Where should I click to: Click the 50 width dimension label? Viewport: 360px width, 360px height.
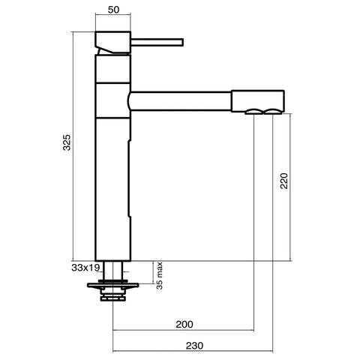(113, 10)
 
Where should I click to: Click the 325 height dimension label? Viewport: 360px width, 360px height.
(67, 142)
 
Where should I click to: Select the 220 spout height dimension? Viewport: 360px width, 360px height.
(284, 181)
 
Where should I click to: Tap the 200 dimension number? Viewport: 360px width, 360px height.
(184, 324)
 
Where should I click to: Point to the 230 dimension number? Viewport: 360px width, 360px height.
(194, 346)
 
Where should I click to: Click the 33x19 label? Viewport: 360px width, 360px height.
(85, 268)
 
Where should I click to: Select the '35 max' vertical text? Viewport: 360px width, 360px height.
(160, 276)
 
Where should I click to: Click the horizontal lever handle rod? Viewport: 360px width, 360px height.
(157, 42)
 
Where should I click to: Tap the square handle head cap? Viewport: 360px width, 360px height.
(112, 42)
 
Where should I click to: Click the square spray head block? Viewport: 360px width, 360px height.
(258, 100)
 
